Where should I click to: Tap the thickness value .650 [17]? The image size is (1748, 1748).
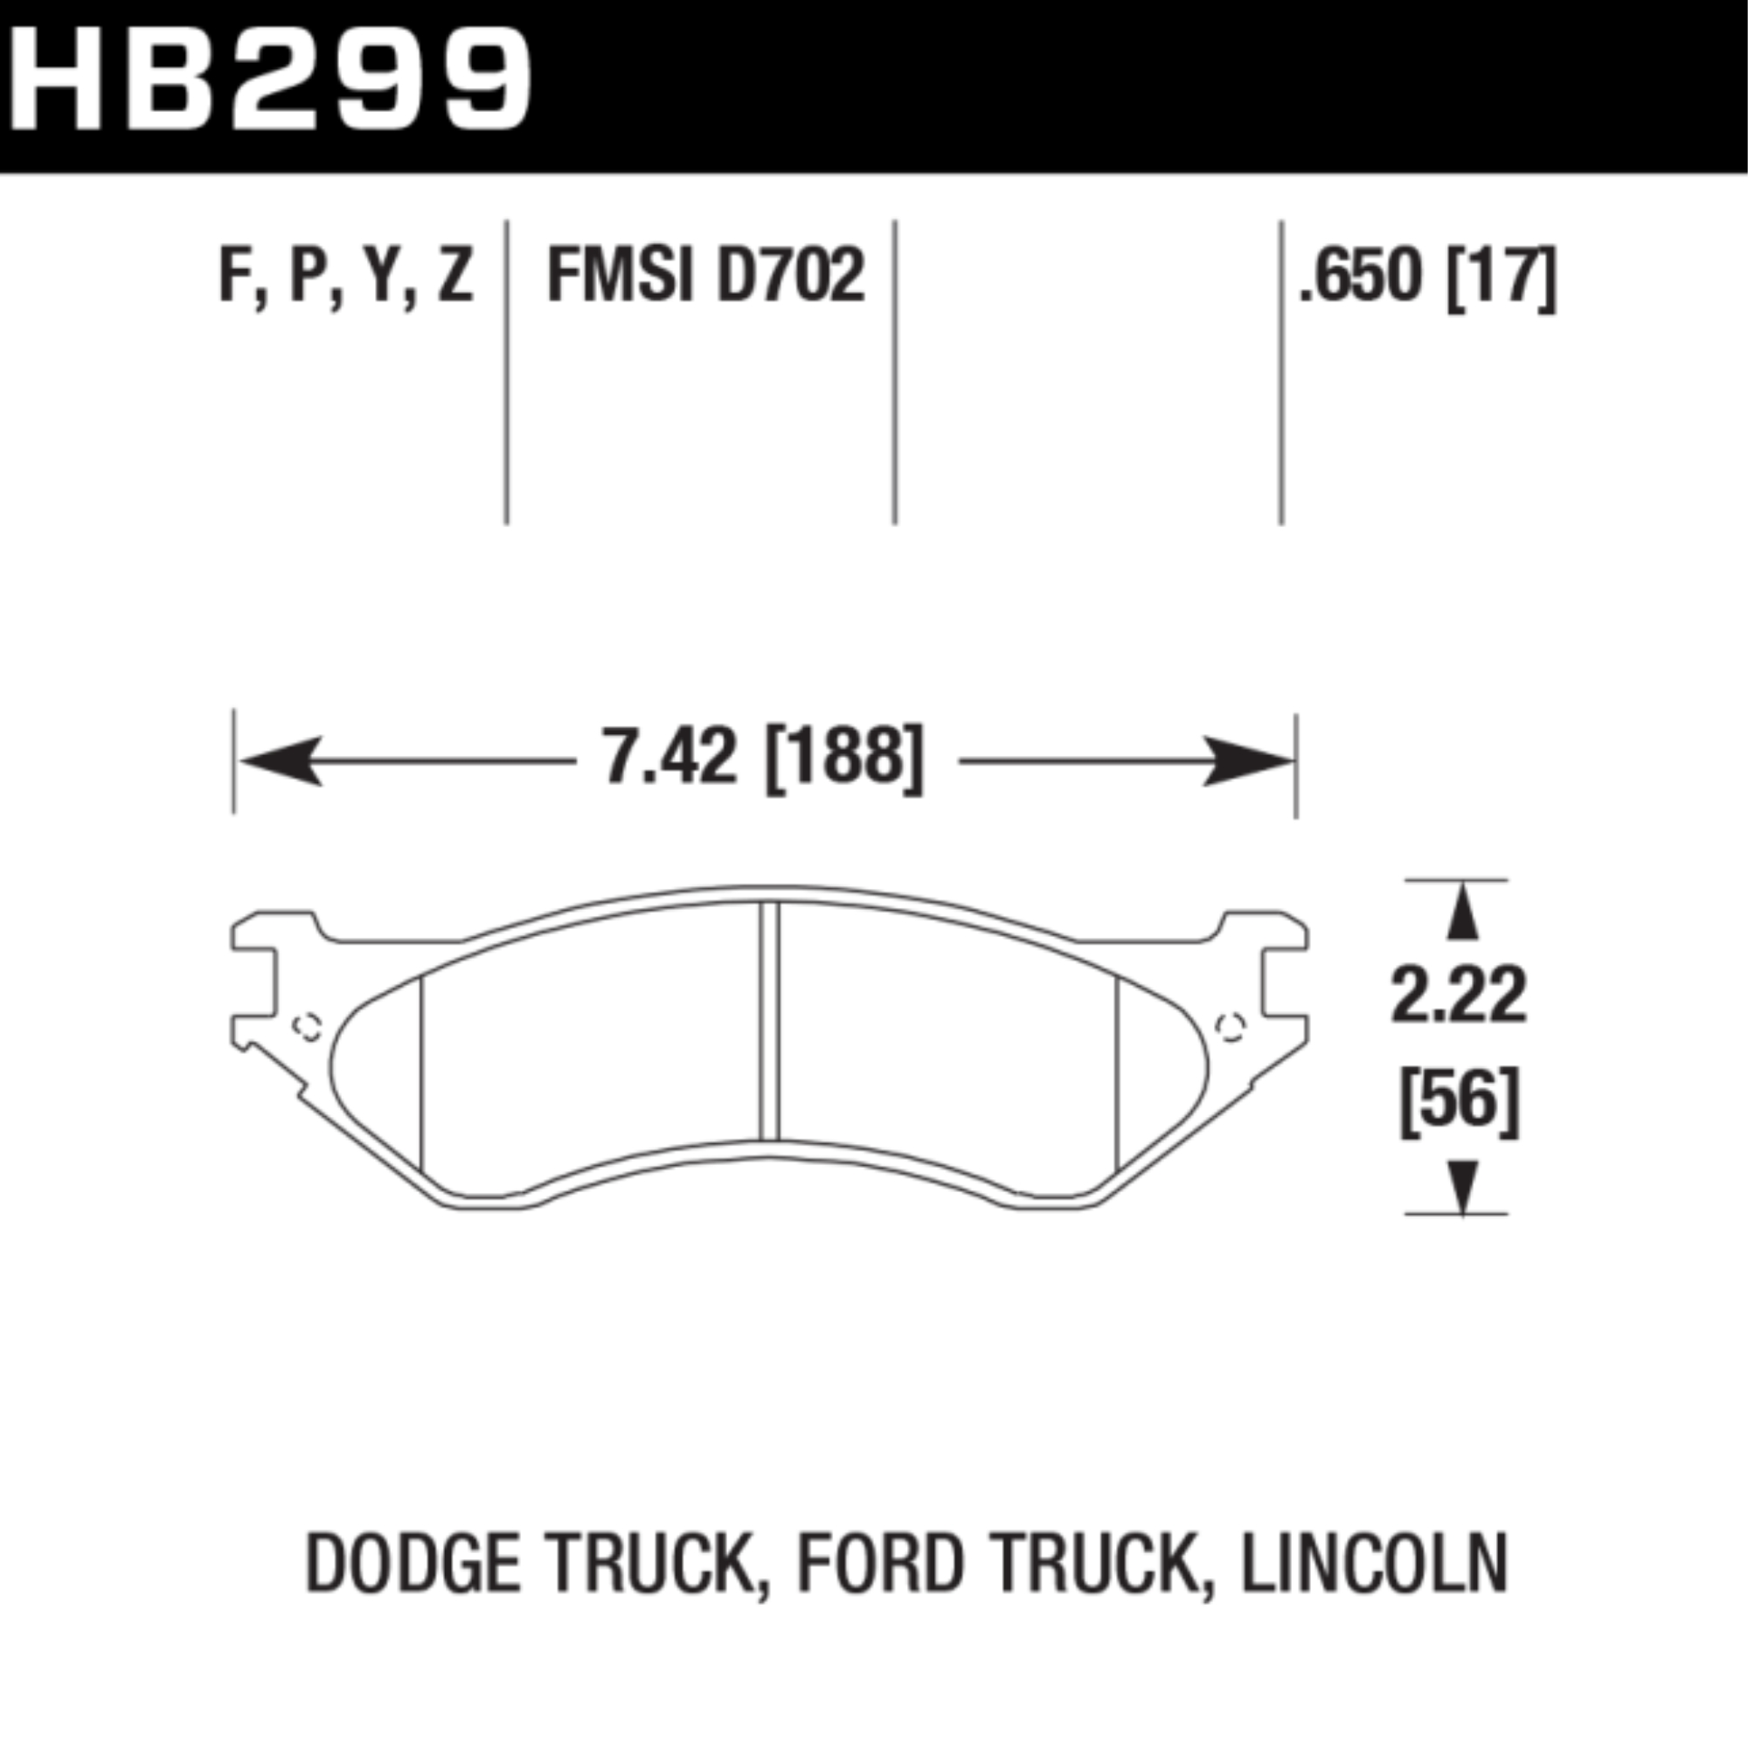tap(1428, 277)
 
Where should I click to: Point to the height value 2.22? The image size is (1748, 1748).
tap(1459, 996)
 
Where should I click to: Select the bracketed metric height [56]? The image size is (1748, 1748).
tap(1459, 1103)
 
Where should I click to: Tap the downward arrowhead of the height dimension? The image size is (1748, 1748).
tap(1462, 1186)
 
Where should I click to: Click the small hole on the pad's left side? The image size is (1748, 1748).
tap(309, 1027)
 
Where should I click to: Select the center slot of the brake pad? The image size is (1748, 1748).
tap(769, 1023)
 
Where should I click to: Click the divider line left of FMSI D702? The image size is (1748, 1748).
tap(507, 371)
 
